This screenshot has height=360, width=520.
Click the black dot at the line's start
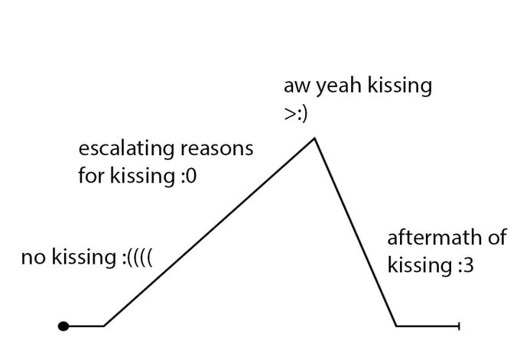click(x=64, y=326)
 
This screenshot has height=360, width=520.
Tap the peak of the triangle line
click(x=314, y=138)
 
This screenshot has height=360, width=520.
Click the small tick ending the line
click(x=458, y=326)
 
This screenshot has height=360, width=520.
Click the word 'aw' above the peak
click(x=294, y=86)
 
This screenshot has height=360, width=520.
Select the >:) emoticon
click(x=295, y=112)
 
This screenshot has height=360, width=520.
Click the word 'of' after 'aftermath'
click(x=497, y=238)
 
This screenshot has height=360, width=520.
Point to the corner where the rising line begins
click(x=104, y=326)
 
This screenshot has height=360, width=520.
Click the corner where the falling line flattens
click(x=396, y=326)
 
